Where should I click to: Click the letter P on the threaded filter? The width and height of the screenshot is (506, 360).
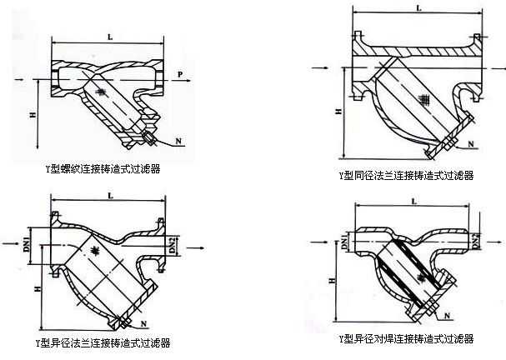pyautogui.click(x=179, y=76)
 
